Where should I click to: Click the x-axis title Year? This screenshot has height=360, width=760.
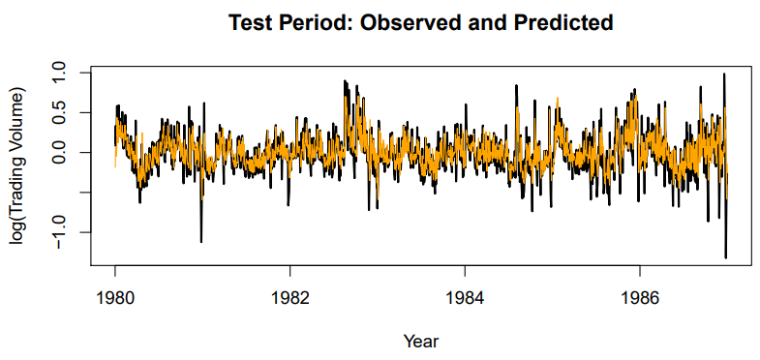tap(421, 341)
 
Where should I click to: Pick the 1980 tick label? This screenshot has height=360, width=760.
tap(115, 297)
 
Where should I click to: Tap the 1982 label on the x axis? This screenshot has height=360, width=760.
tap(289, 297)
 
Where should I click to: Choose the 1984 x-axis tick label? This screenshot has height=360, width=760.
tap(465, 297)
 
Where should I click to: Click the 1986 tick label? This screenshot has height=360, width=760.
tap(640, 297)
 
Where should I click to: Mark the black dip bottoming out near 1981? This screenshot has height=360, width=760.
tap(201, 241)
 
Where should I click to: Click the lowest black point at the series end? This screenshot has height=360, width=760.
tap(725, 257)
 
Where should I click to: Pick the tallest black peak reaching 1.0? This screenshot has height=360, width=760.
tap(723, 75)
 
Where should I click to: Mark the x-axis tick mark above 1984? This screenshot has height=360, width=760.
tap(465, 270)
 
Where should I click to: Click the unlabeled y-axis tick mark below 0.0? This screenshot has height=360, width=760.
tap(86, 193)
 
